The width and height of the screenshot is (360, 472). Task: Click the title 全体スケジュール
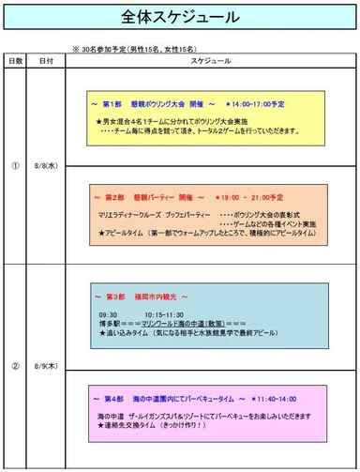(180, 20)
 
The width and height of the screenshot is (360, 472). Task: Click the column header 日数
(16, 60)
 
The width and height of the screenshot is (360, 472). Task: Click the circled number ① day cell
(15, 162)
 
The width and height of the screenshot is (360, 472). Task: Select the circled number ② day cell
(15, 366)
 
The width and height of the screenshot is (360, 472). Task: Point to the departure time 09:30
(108, 314)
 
